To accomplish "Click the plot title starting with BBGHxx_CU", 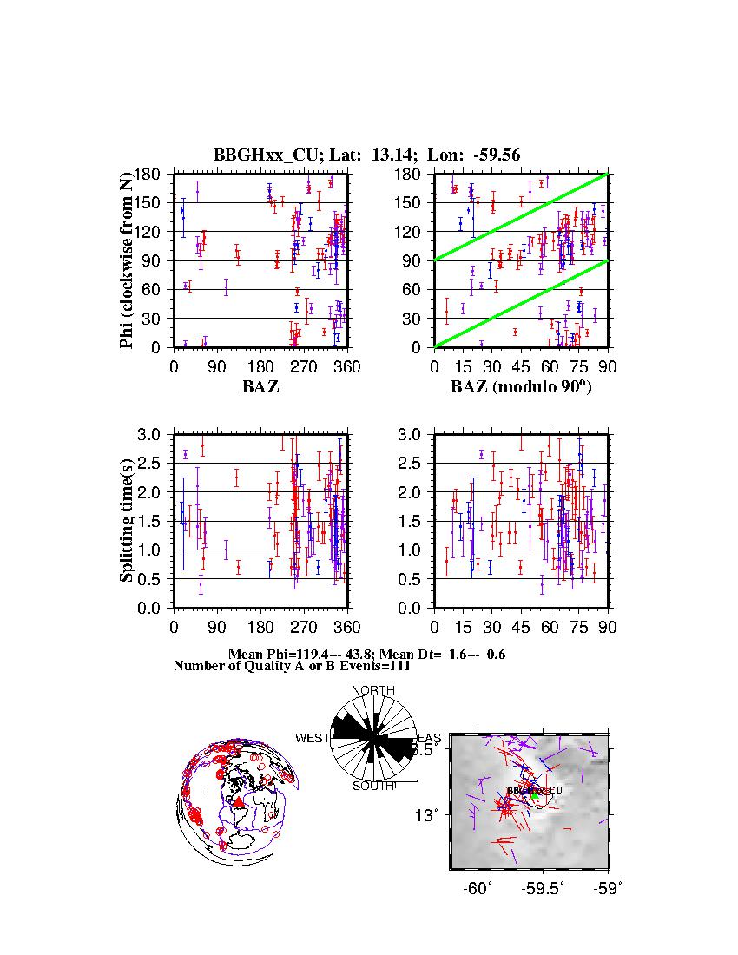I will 366,155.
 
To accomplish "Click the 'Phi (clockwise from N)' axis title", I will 128,260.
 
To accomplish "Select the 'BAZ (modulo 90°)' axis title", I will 521,387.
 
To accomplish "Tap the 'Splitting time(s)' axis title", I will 128,521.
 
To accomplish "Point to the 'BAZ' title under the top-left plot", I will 260,387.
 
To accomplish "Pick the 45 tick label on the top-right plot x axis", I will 521,366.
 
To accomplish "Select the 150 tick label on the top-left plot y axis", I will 153,202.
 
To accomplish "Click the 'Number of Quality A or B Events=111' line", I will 286,666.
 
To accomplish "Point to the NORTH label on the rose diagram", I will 372,690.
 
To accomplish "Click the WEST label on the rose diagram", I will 313,738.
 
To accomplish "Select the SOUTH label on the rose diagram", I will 373,786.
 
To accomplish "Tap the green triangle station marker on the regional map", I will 536,794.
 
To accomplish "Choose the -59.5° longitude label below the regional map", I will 544,889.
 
